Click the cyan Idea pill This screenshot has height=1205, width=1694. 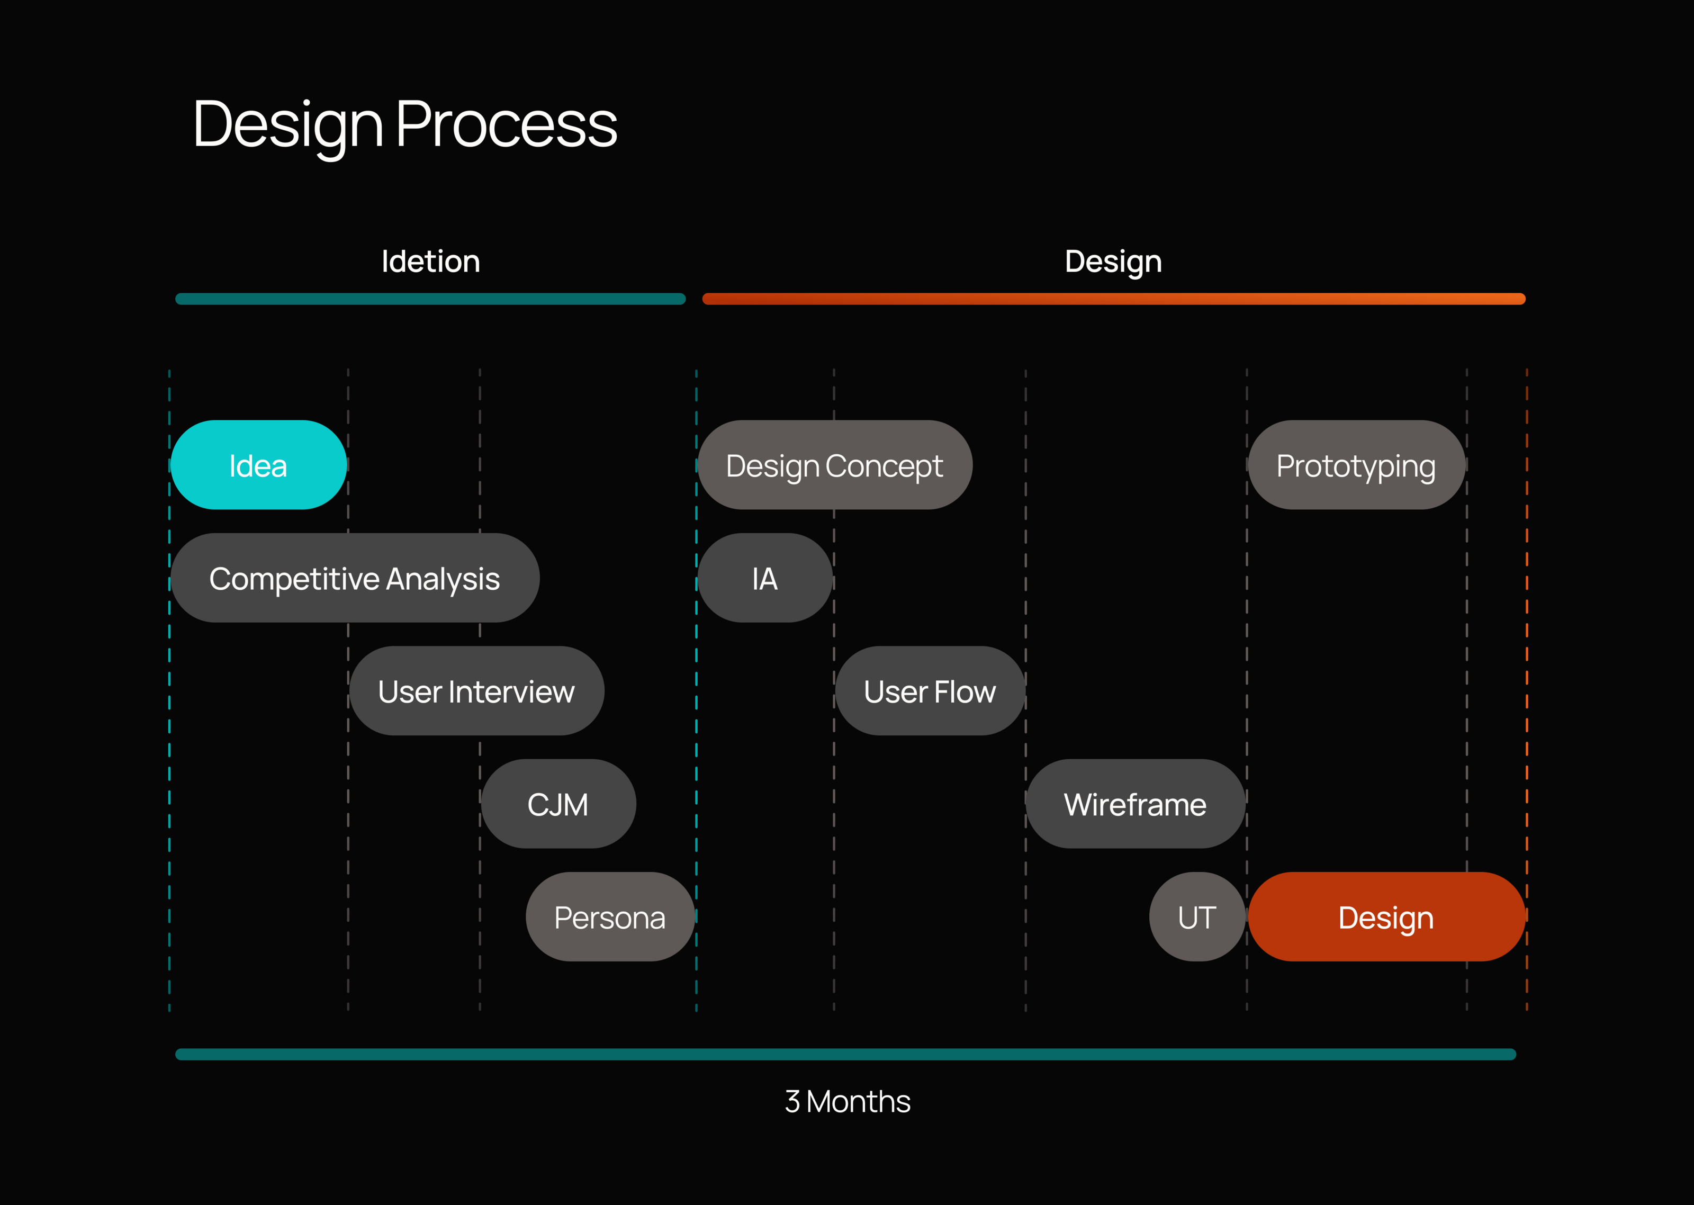pyautogui.click(x=258, y=465)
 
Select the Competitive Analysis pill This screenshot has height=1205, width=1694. pyautogui.click(x=355, y=578)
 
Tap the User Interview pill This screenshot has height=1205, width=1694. pyautogui.click(x=476, y=691)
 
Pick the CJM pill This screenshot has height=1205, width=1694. pyautogui.click(x=558, y=804)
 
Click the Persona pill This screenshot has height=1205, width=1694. pyautogui.click(x=610, y=917)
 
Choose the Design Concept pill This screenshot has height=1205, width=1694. pyautogui.click(x=834, y=465)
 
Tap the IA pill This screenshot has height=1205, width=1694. pyautogui.click(x=764, y=578)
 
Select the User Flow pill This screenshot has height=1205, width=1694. pyautogui.click(x=930, y=691)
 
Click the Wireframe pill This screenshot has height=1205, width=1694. pyautogui.click(x=1135, y=804)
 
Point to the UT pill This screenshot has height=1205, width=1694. pyautogui.click(x=1197, y=917)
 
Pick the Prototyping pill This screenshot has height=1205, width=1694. pyautogui.click(x=1356, y=465)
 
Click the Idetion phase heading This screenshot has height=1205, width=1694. pyautogui.click(x=430, y=261)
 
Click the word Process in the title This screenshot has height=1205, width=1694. pyautogui.click(x=507, y=124)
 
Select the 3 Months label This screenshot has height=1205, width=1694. pyautogui.click(x=847, y=1102)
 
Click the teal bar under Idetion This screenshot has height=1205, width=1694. pyautogui.click(x=430, y=299)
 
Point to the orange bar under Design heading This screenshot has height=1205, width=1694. pyautogui.click(x=1113, y=299)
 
